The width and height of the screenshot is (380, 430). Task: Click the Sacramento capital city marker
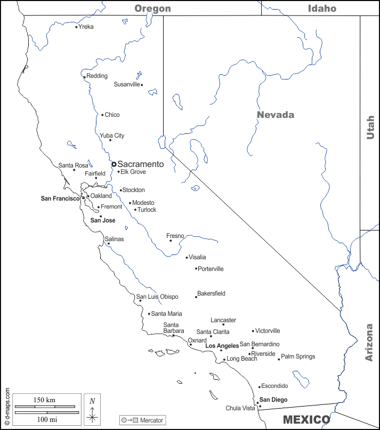[114, 164]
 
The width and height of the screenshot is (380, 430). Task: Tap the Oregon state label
[152, 8]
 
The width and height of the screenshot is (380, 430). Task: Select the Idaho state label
[322, 8]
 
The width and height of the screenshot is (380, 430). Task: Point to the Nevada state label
[275, 115]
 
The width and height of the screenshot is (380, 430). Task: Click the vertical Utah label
[370, 128]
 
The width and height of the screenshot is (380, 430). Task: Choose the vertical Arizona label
[369, 343]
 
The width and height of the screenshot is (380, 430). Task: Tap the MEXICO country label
[306, 420]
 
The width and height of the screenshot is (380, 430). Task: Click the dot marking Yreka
[76, 27]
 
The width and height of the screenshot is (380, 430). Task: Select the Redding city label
[97, 76]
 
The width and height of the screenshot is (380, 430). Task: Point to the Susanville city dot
[142, 85]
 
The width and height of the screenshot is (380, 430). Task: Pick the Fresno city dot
[171, 241]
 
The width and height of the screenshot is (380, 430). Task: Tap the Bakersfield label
[211, 293]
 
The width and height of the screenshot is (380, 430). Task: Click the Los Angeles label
[222, 346]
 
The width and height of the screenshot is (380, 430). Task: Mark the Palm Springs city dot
[279, 359]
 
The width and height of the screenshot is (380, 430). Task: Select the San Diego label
[273, 400]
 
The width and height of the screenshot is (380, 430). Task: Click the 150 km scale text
[44, 400]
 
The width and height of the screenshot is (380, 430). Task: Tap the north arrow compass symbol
[92, 412]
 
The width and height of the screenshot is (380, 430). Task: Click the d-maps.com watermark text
[6, 405]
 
